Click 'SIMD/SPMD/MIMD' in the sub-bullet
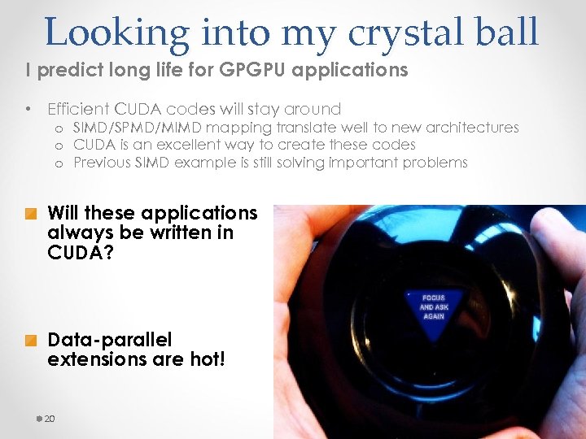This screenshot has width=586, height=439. click(x=138, y=128)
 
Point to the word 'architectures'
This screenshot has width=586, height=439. click(x=473, y=128)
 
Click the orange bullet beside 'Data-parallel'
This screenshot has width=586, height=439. click(x=30, y=341)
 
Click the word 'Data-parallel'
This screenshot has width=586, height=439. click(x=98, y=340)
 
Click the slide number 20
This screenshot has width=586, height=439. click(x=50, y=419)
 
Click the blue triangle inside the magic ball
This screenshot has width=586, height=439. click(x=432, y=306)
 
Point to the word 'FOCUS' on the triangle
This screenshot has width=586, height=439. click(x=432, y=298)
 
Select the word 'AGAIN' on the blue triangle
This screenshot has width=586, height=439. click(x=432, y=316)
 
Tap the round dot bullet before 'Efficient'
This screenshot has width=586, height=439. click(x=28, y=109)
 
